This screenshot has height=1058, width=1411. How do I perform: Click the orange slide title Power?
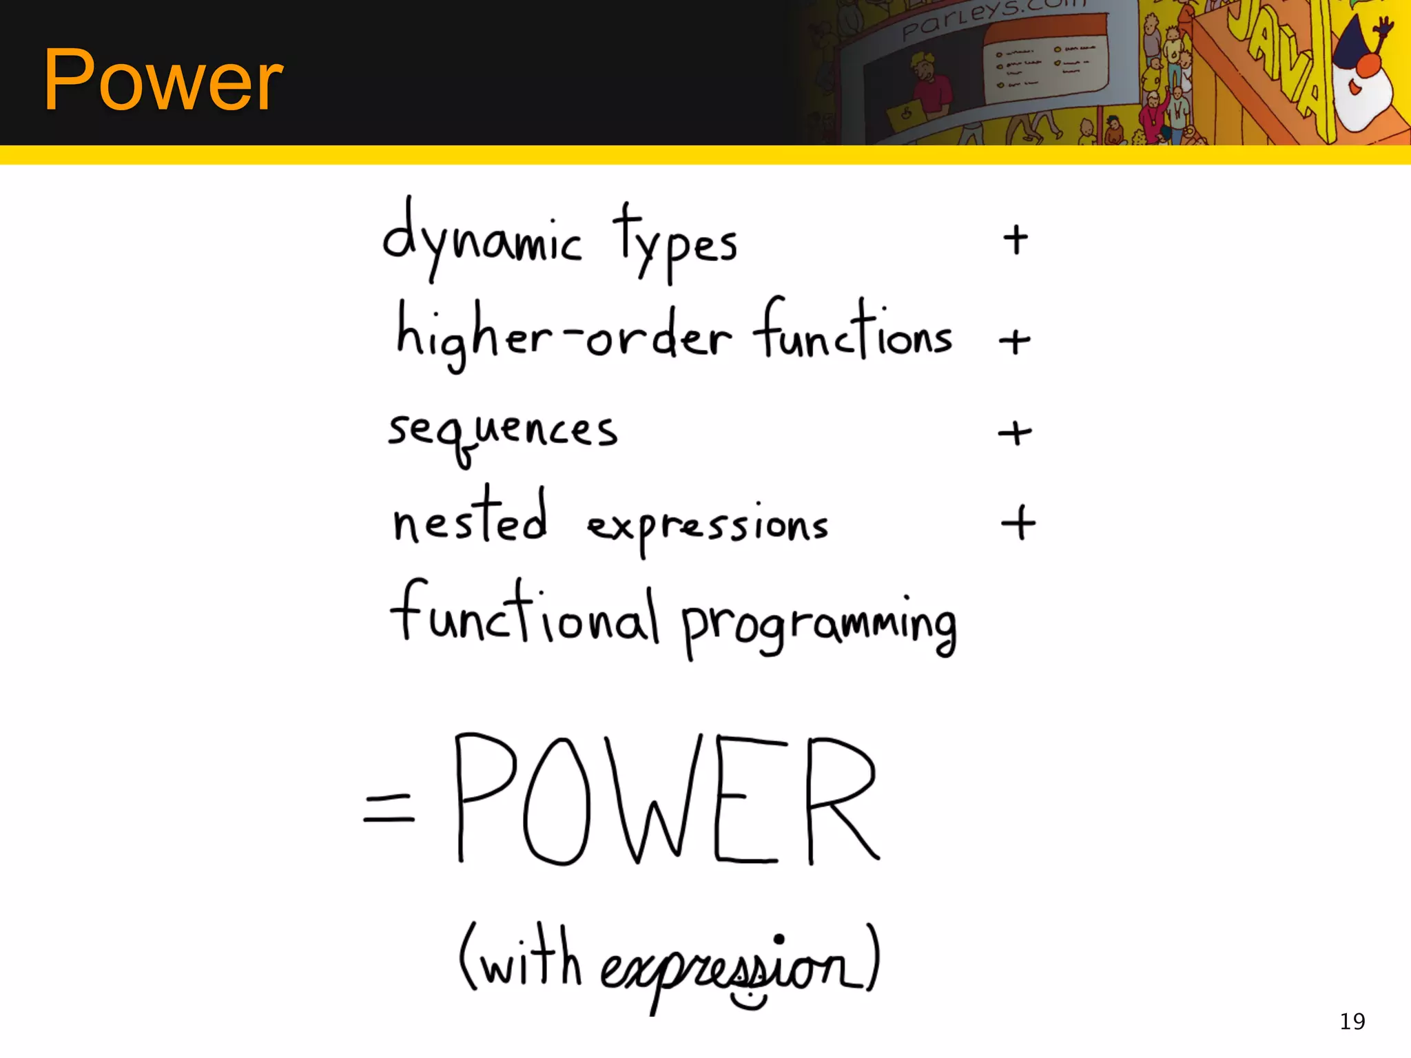[163, 81]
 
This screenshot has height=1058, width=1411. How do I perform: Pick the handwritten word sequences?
[502, 433]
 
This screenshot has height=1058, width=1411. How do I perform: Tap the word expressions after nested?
[707, 527]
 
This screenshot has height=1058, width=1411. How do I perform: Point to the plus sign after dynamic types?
[1016, 240]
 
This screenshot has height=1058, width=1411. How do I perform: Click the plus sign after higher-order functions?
[1015, 341]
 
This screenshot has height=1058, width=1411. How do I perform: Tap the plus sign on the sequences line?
[1015, 433]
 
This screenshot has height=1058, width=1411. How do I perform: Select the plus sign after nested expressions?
[1018, 523]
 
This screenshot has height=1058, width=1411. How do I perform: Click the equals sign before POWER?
[389, 807]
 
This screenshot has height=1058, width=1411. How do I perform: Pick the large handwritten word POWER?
[666, 799]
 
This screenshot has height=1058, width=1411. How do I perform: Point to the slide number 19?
[1352, 1021]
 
